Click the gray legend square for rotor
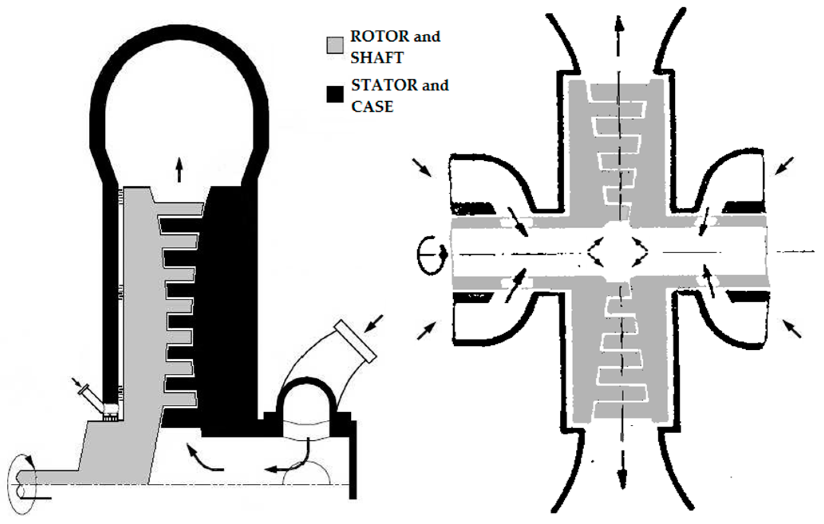pos(335,46)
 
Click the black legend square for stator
pos(335,95)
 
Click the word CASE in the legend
pos(373,106)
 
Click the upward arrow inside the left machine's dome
pos(179,170)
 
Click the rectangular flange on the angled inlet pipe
pos(355,341)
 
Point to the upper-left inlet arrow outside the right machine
pos(421,167)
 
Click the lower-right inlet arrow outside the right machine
pos(792,329)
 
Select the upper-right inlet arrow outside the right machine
pos(784,165)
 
